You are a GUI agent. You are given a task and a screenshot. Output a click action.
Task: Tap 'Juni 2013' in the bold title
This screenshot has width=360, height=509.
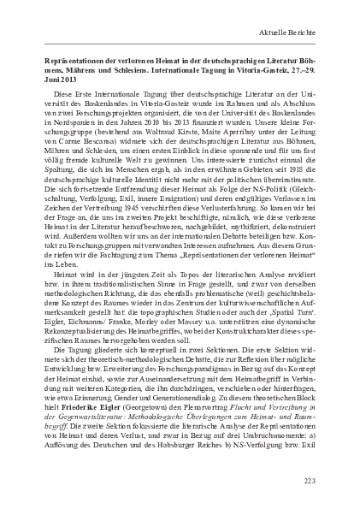click(60, 80)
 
